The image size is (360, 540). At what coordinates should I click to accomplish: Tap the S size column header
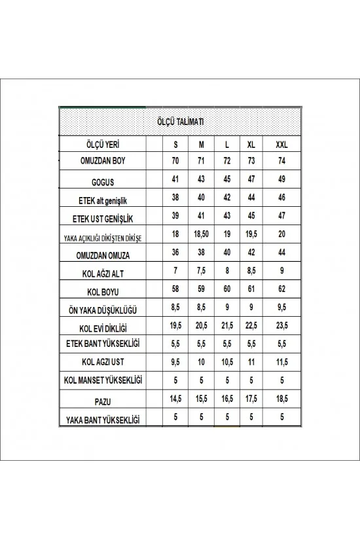(x=175, y=144)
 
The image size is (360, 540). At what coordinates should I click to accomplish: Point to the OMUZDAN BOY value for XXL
(x=282, y=160)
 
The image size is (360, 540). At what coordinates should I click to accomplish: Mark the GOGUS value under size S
(x=175, y=179)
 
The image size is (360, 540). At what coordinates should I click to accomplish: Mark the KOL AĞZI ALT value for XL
(x=251, y=270)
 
